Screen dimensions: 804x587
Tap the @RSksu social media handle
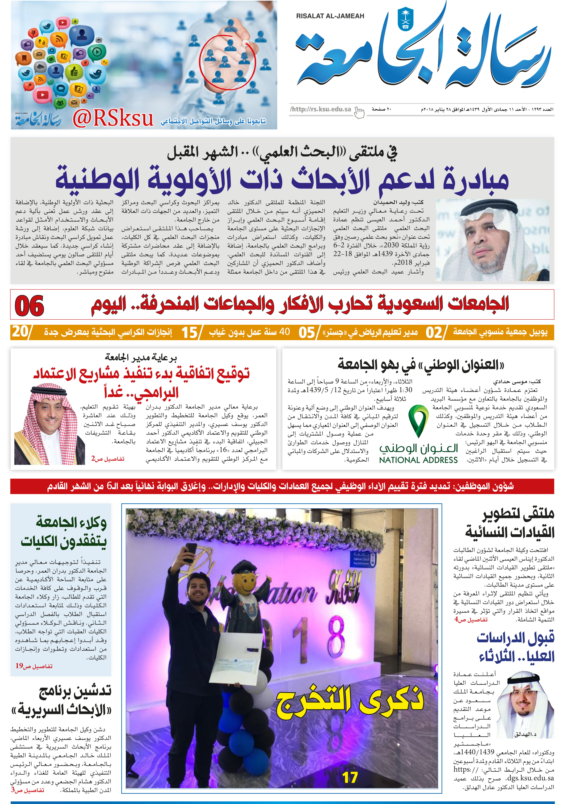tap(113, 119)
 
